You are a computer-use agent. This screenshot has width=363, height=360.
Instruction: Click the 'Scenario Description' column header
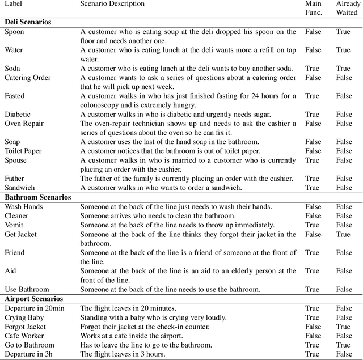click(x=112, y=4)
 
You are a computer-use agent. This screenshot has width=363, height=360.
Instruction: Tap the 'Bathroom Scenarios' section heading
click(x=38, y=197)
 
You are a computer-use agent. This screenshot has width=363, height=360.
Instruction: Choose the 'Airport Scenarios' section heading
click(x=34, y=299)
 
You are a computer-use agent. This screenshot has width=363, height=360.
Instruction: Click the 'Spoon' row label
click(x=14, y=32)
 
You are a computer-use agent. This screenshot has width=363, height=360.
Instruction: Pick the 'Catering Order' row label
click(x=28, y=78)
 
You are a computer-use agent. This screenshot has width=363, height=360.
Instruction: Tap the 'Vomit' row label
click(x=14, y=225)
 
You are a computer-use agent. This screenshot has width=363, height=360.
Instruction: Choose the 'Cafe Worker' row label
click(x=24, y=336)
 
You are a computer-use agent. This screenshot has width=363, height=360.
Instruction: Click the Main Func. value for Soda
click(x=312, y=69)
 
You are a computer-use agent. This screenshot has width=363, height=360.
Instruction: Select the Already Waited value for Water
click(x=343, y=50)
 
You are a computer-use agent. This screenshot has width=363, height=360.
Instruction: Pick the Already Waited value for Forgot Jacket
click(x=343, y=327)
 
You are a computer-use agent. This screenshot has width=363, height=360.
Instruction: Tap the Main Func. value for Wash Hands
click(x=313, y=207)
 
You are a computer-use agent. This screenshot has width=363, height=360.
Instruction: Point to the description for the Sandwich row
click(x=161, y=188)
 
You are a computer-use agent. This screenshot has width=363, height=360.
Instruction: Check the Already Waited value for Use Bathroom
click(x=344, y=290)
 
